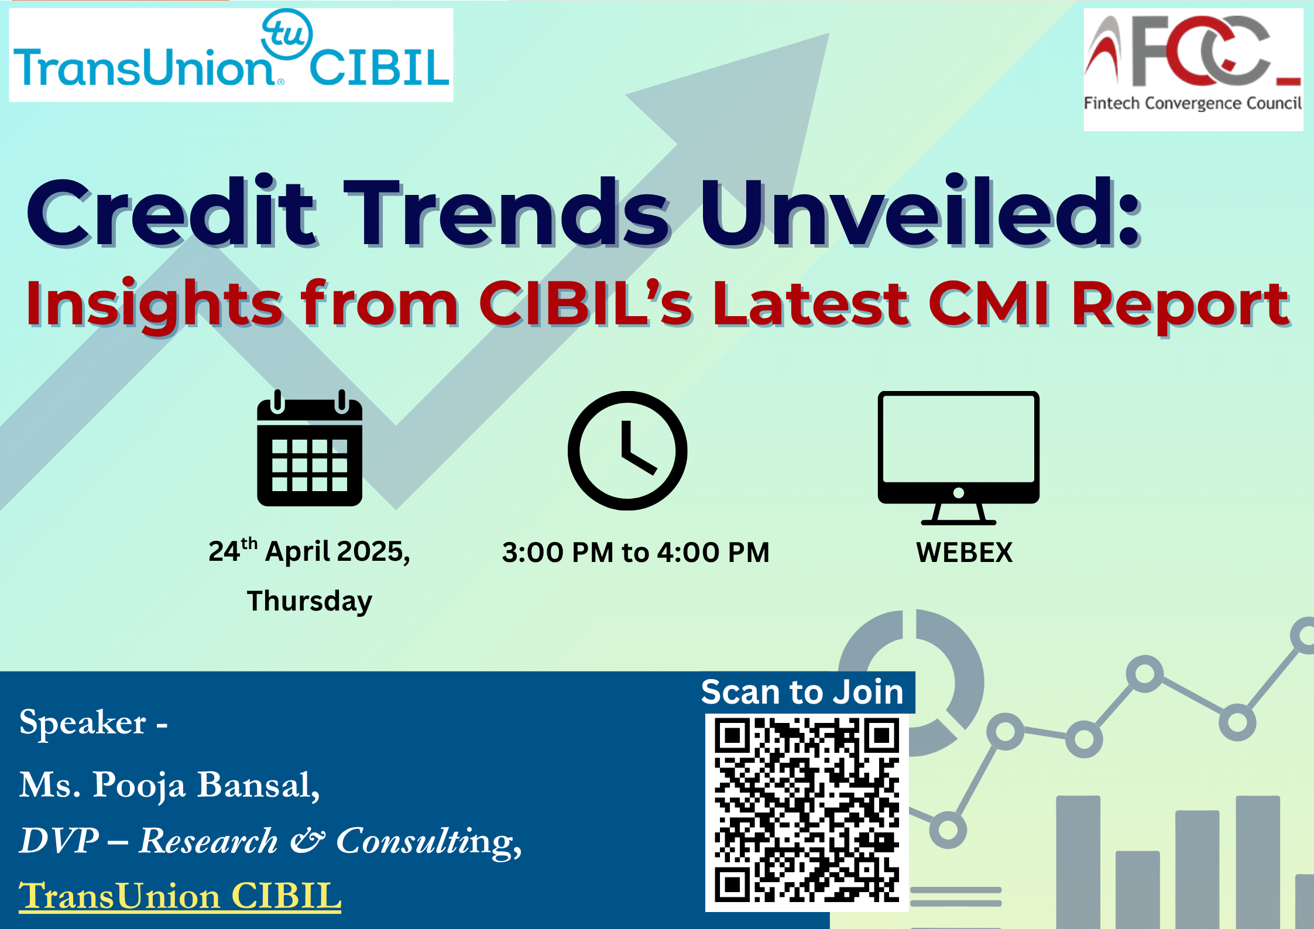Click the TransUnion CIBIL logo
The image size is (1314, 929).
coord(231,55)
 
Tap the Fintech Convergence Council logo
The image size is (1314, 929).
coord(1193,69)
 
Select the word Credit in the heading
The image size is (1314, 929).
coord(173,212)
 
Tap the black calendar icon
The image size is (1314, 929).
coord(310,448)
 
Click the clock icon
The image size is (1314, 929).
coord(627,450)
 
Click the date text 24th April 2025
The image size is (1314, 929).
coord(309,551)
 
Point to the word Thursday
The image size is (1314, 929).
coord(310,602)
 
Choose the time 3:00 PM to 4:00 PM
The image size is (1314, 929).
coord(636,552)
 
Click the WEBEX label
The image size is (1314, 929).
coord(964,552)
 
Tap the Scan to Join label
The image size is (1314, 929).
coord(802,692)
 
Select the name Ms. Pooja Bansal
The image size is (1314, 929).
coord(170,784)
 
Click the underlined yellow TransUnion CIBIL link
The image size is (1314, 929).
coord(180,896)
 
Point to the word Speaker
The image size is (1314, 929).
coord(83,724)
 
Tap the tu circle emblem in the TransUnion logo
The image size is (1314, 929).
coord(287,34)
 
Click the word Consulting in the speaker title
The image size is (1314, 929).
coord(428,842)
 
